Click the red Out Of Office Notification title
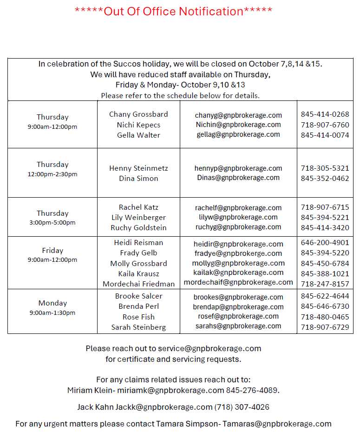[x=173, y=11]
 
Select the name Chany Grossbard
[x=138, y=114]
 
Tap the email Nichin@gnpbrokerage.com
[x=238, y=125]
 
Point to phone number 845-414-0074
[x=325, y=135]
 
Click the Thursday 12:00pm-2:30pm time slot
[x=52, y=169]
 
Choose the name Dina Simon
[x=138, y=179]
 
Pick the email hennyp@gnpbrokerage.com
[x=238, y=168]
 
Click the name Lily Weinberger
[x=138, y=218]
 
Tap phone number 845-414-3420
[x=325, y=228]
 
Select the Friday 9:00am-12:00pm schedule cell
[x=52, y=255]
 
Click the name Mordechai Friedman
[x=138, y=284]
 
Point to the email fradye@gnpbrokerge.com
[x=238, y=253]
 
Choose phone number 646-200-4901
[x=325, y=243]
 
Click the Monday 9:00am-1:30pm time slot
[x=52, y=307]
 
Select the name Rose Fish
[x=138, y=317]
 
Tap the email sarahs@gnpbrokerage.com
[x=238, y=326]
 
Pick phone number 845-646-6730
[x=325, y=306]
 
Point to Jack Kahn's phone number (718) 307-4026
[x=242, y=407]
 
